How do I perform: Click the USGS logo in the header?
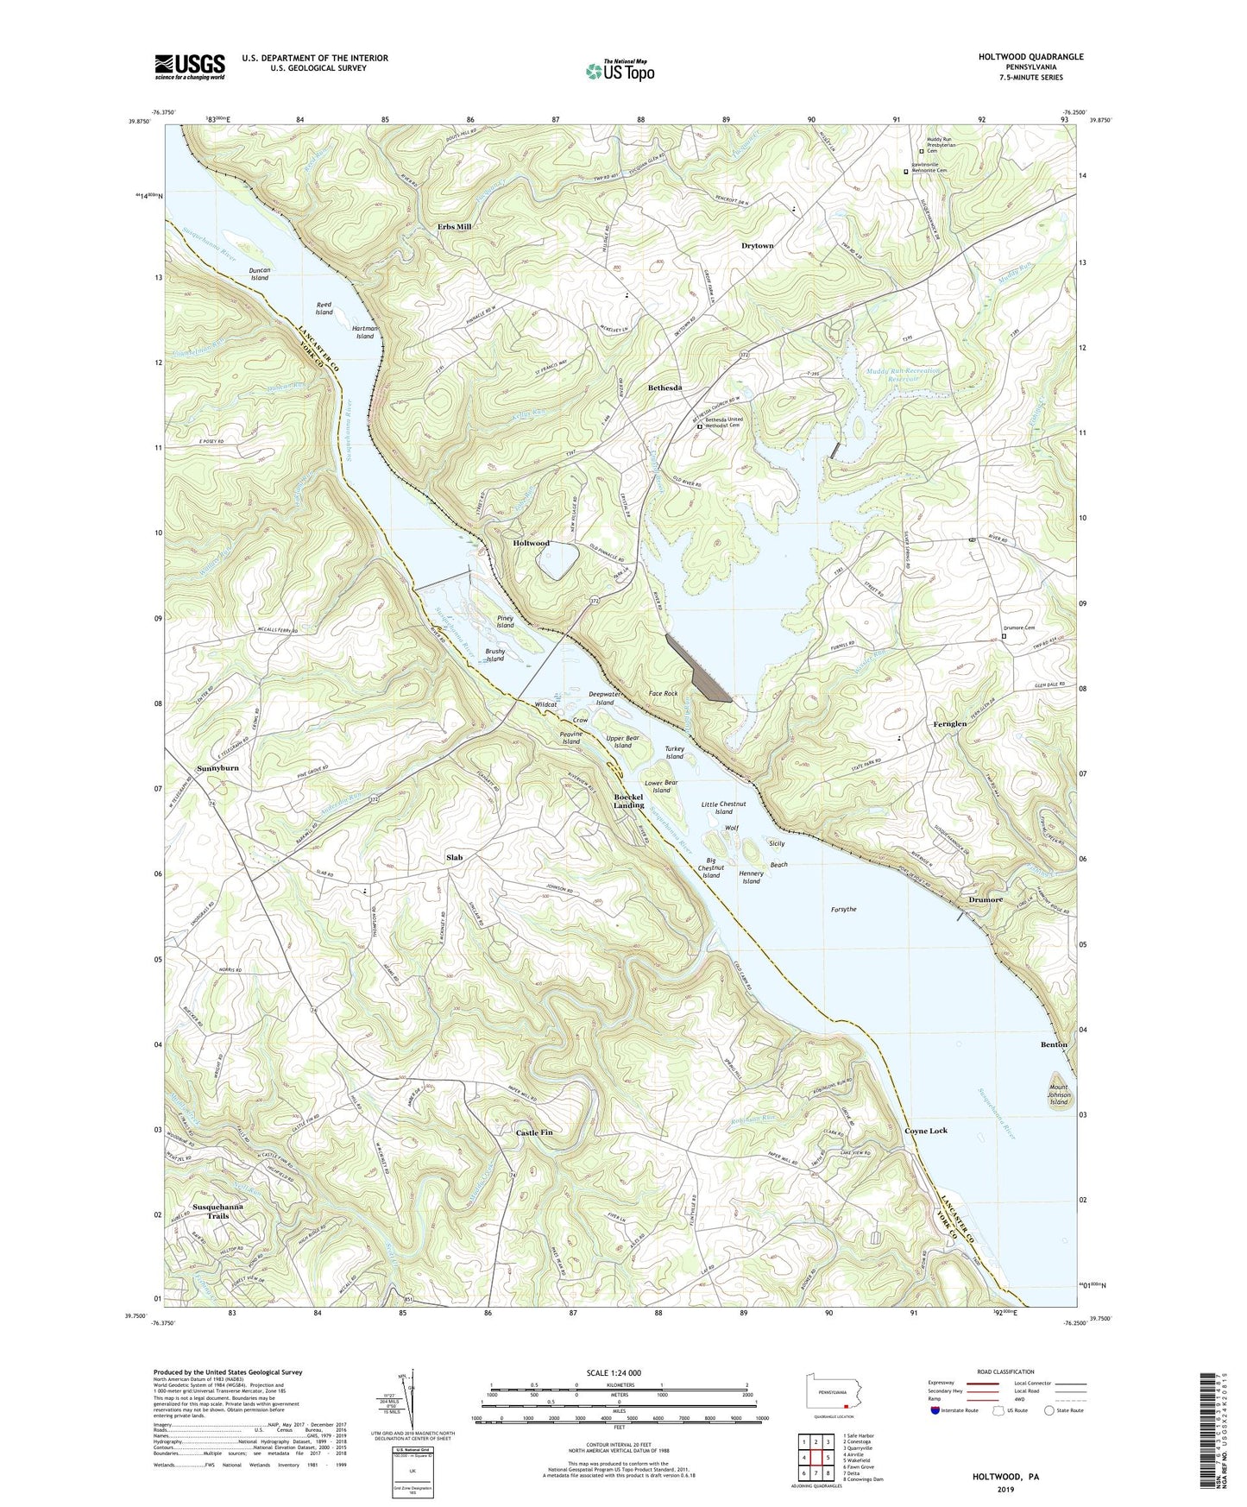click(x=190, y=66)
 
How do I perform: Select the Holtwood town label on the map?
click(x=531, y=543)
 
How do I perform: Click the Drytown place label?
click(x=758, y=246)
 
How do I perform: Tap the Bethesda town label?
click(x=664, y=388)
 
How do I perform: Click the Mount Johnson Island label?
click(x=1058, y=1094)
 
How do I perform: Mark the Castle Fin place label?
click(x=533, y=1132)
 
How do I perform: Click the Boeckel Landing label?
click(x=628, y=800)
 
